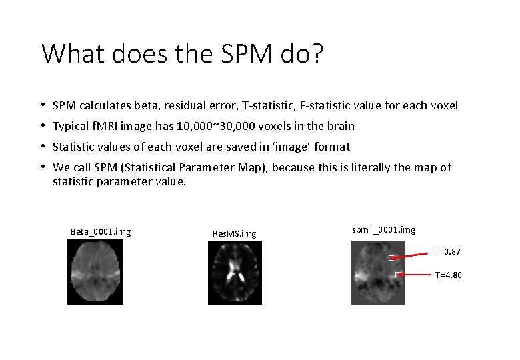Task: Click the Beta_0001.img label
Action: pyautogui.click(x=101, y=232)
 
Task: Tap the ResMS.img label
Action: pyautogui.click(x=234, y=233)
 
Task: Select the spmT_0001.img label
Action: pyautogui.click(x=383, y=229)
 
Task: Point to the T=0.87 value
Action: pyautogui.click(x=447, y=251)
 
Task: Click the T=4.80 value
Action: pyautogui.click(x=448, y=275)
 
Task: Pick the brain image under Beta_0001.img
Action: pyautogui.click(x=95, y=272)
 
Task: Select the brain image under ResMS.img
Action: pyautogui.click(x=235, y=273)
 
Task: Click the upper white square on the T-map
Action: pyautogui.click(x=393, y=257)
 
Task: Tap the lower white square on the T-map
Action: pyautogui.click(x=398, y=274)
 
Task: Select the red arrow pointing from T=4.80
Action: pyautogui.click(x=416, y=274)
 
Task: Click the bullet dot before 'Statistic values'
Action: pyautogui.click(x=43, y=146)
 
